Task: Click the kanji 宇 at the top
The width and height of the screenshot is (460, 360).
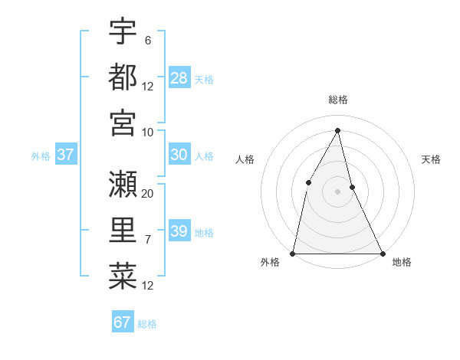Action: tap(123, 31)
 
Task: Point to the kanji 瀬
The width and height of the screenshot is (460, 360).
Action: tap(123, 183)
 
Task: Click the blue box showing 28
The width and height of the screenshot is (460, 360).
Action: tap(179, 78)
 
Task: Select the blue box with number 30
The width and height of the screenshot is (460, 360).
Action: tap(179, 155)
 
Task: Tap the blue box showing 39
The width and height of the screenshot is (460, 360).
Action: tap(179, 231)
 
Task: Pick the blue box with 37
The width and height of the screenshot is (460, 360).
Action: tap(65, 155)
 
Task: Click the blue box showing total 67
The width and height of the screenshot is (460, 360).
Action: tap(123, 322)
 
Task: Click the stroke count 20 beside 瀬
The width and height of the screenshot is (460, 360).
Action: tap(148, 193)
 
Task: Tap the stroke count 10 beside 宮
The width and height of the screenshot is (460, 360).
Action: tap(148, 131)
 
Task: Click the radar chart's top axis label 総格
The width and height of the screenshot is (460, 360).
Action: tap(337, 100)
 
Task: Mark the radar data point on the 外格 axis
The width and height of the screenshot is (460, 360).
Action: tap(293, 253)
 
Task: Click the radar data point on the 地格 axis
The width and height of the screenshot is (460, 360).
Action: tap(382, 253)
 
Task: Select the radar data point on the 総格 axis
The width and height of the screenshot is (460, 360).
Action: tap(337, 130)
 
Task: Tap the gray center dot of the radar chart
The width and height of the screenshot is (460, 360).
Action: tap(337, 191)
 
